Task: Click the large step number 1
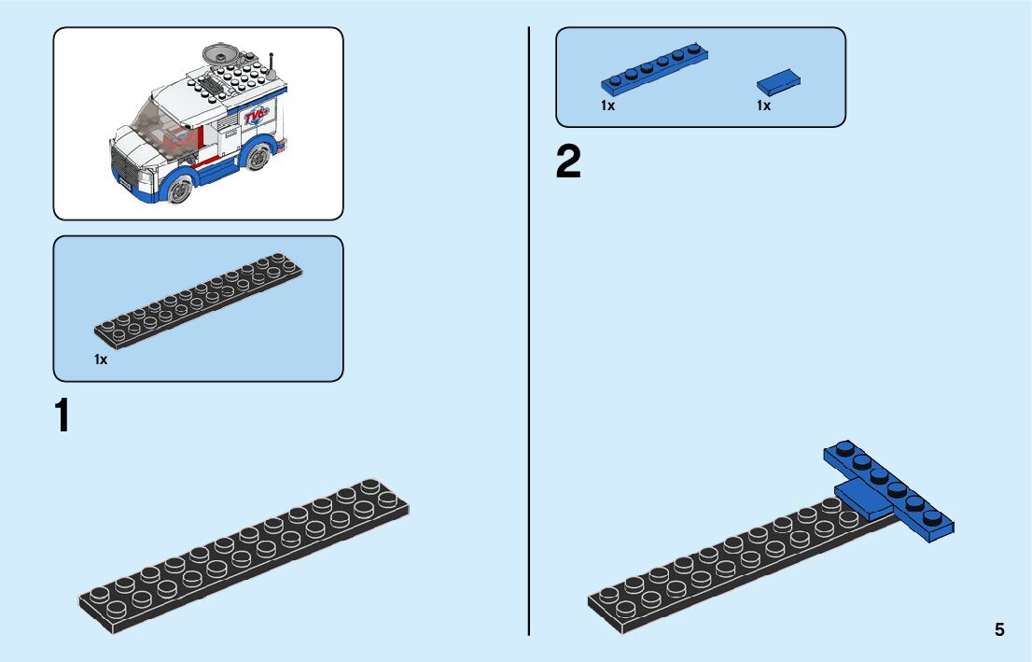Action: tap(63, 416)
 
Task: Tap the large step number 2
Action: tap(568, 162)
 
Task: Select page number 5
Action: tap(999, 629)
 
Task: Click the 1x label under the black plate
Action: tap(101, 359)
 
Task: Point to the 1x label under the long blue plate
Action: tap(608, 106)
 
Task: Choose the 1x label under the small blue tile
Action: tap(764, 106)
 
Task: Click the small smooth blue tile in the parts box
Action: tap(779, 82)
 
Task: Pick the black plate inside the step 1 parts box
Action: tap(198, 298)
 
